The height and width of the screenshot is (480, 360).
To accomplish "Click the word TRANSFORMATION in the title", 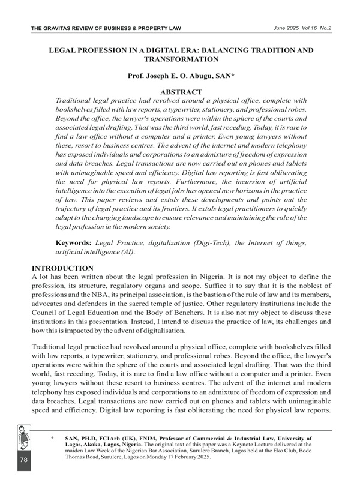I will point(181,60).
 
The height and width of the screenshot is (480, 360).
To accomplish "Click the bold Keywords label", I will point(74,242).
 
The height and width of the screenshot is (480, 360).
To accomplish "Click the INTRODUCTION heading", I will point(62,268).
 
